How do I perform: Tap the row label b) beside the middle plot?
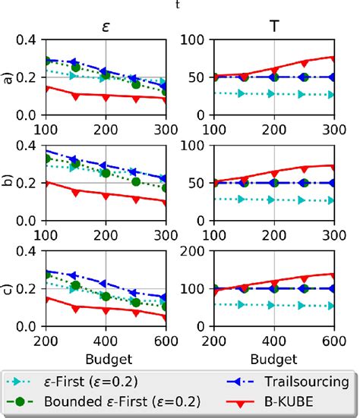(x=10, y=183)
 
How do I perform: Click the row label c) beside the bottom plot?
(x=10, y=288)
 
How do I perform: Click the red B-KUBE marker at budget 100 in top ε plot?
(x=46, y=87)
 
